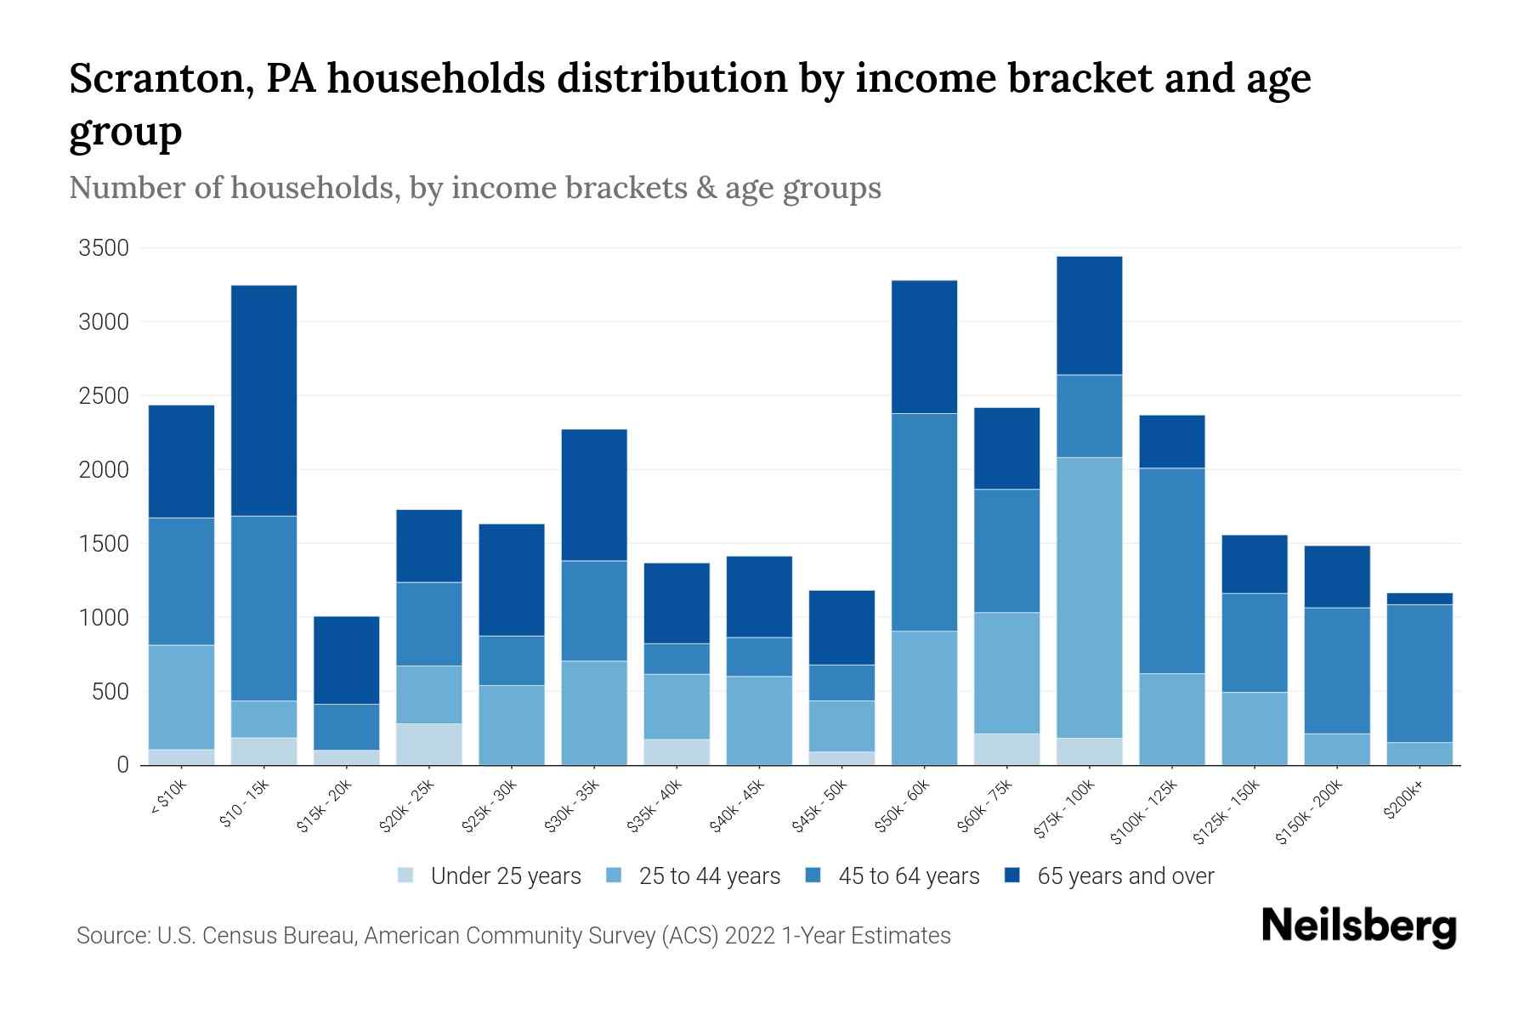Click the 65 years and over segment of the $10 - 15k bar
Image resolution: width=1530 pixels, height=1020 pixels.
263,400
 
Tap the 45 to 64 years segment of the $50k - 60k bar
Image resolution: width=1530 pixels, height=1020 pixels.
924,522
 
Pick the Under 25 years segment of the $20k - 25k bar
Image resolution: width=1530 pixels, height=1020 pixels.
428,744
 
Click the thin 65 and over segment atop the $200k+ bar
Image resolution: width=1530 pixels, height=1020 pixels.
1419,598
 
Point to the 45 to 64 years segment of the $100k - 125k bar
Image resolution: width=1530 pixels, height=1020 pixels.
1171,570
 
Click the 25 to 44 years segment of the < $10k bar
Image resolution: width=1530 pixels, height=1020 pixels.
181,697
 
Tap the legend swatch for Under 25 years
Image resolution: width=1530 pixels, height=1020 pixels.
405,875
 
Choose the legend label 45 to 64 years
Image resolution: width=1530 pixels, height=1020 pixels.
909,876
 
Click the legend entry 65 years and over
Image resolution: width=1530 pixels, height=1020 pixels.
1125,876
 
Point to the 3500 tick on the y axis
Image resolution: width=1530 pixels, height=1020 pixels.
104,248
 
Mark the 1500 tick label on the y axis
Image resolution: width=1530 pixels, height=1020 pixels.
104,543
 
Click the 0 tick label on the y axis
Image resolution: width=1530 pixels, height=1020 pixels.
122,765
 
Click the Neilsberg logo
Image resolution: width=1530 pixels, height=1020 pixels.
1358,926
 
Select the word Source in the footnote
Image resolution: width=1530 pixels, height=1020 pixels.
110,936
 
